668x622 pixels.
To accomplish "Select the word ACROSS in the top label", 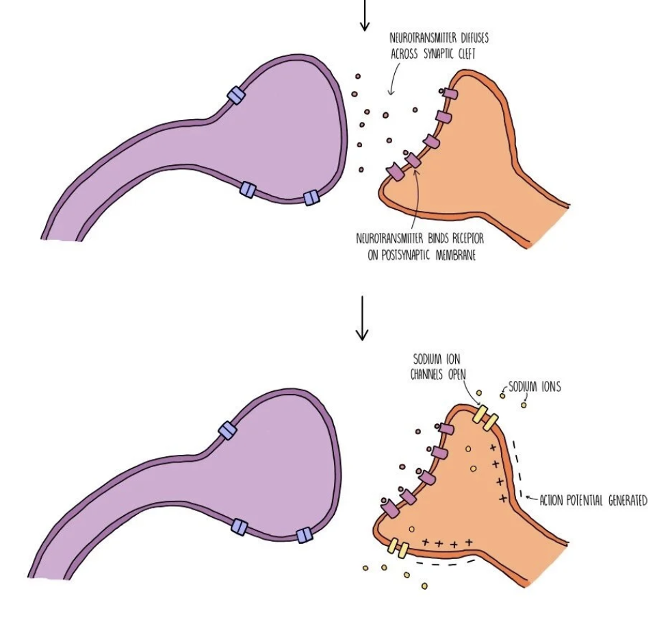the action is pos(409,53).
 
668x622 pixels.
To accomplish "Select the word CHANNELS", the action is pos(428,375).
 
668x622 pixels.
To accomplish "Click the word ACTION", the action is pos(552,501).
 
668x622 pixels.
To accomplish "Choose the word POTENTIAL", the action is pos(586,501).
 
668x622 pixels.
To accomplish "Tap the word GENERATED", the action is pos(626,501).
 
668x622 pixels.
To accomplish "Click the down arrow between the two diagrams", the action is pos(362,318).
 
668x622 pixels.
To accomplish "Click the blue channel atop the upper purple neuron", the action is pos(236,95).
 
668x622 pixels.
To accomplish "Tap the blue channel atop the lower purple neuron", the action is pos(227,430).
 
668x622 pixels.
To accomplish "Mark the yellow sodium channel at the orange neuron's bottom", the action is pos(398,547).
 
